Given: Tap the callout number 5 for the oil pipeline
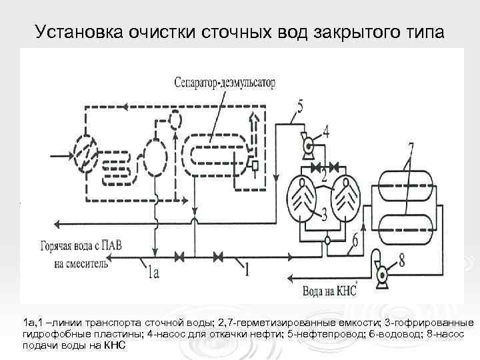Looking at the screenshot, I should (299, 106).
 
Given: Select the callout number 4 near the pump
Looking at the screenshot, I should (325, 131).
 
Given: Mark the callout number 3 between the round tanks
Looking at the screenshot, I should (325, 213).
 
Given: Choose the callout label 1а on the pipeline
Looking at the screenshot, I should (154, 271).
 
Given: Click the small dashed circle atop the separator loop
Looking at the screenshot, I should (175, 121).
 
